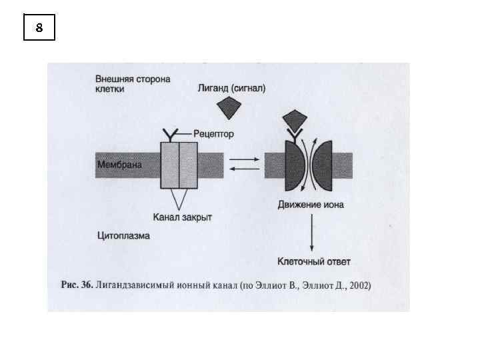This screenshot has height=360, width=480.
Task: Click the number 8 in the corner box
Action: click(x=39, y=27)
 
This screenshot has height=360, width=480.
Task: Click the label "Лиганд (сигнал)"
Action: click(x=231, y=88)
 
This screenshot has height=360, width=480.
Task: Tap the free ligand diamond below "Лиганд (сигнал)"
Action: click(x=231, y=108)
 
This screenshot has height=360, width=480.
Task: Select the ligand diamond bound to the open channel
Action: click(x=294, y=120)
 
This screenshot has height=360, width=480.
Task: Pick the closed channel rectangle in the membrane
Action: click(x=179, y=165)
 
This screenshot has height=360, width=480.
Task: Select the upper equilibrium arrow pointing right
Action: click(x=244, y=159)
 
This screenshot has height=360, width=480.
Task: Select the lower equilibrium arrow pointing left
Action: click(x=244, y=170)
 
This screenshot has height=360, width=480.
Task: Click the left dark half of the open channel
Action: click(x=293, y=165)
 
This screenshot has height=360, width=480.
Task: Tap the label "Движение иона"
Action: click(x=311, y=205)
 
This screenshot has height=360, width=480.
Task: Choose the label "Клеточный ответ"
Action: click(x=313, y=261)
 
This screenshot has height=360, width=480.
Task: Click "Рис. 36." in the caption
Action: click(x=76, y=285)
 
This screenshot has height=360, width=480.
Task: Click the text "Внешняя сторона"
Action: click(x=133, y=78)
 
